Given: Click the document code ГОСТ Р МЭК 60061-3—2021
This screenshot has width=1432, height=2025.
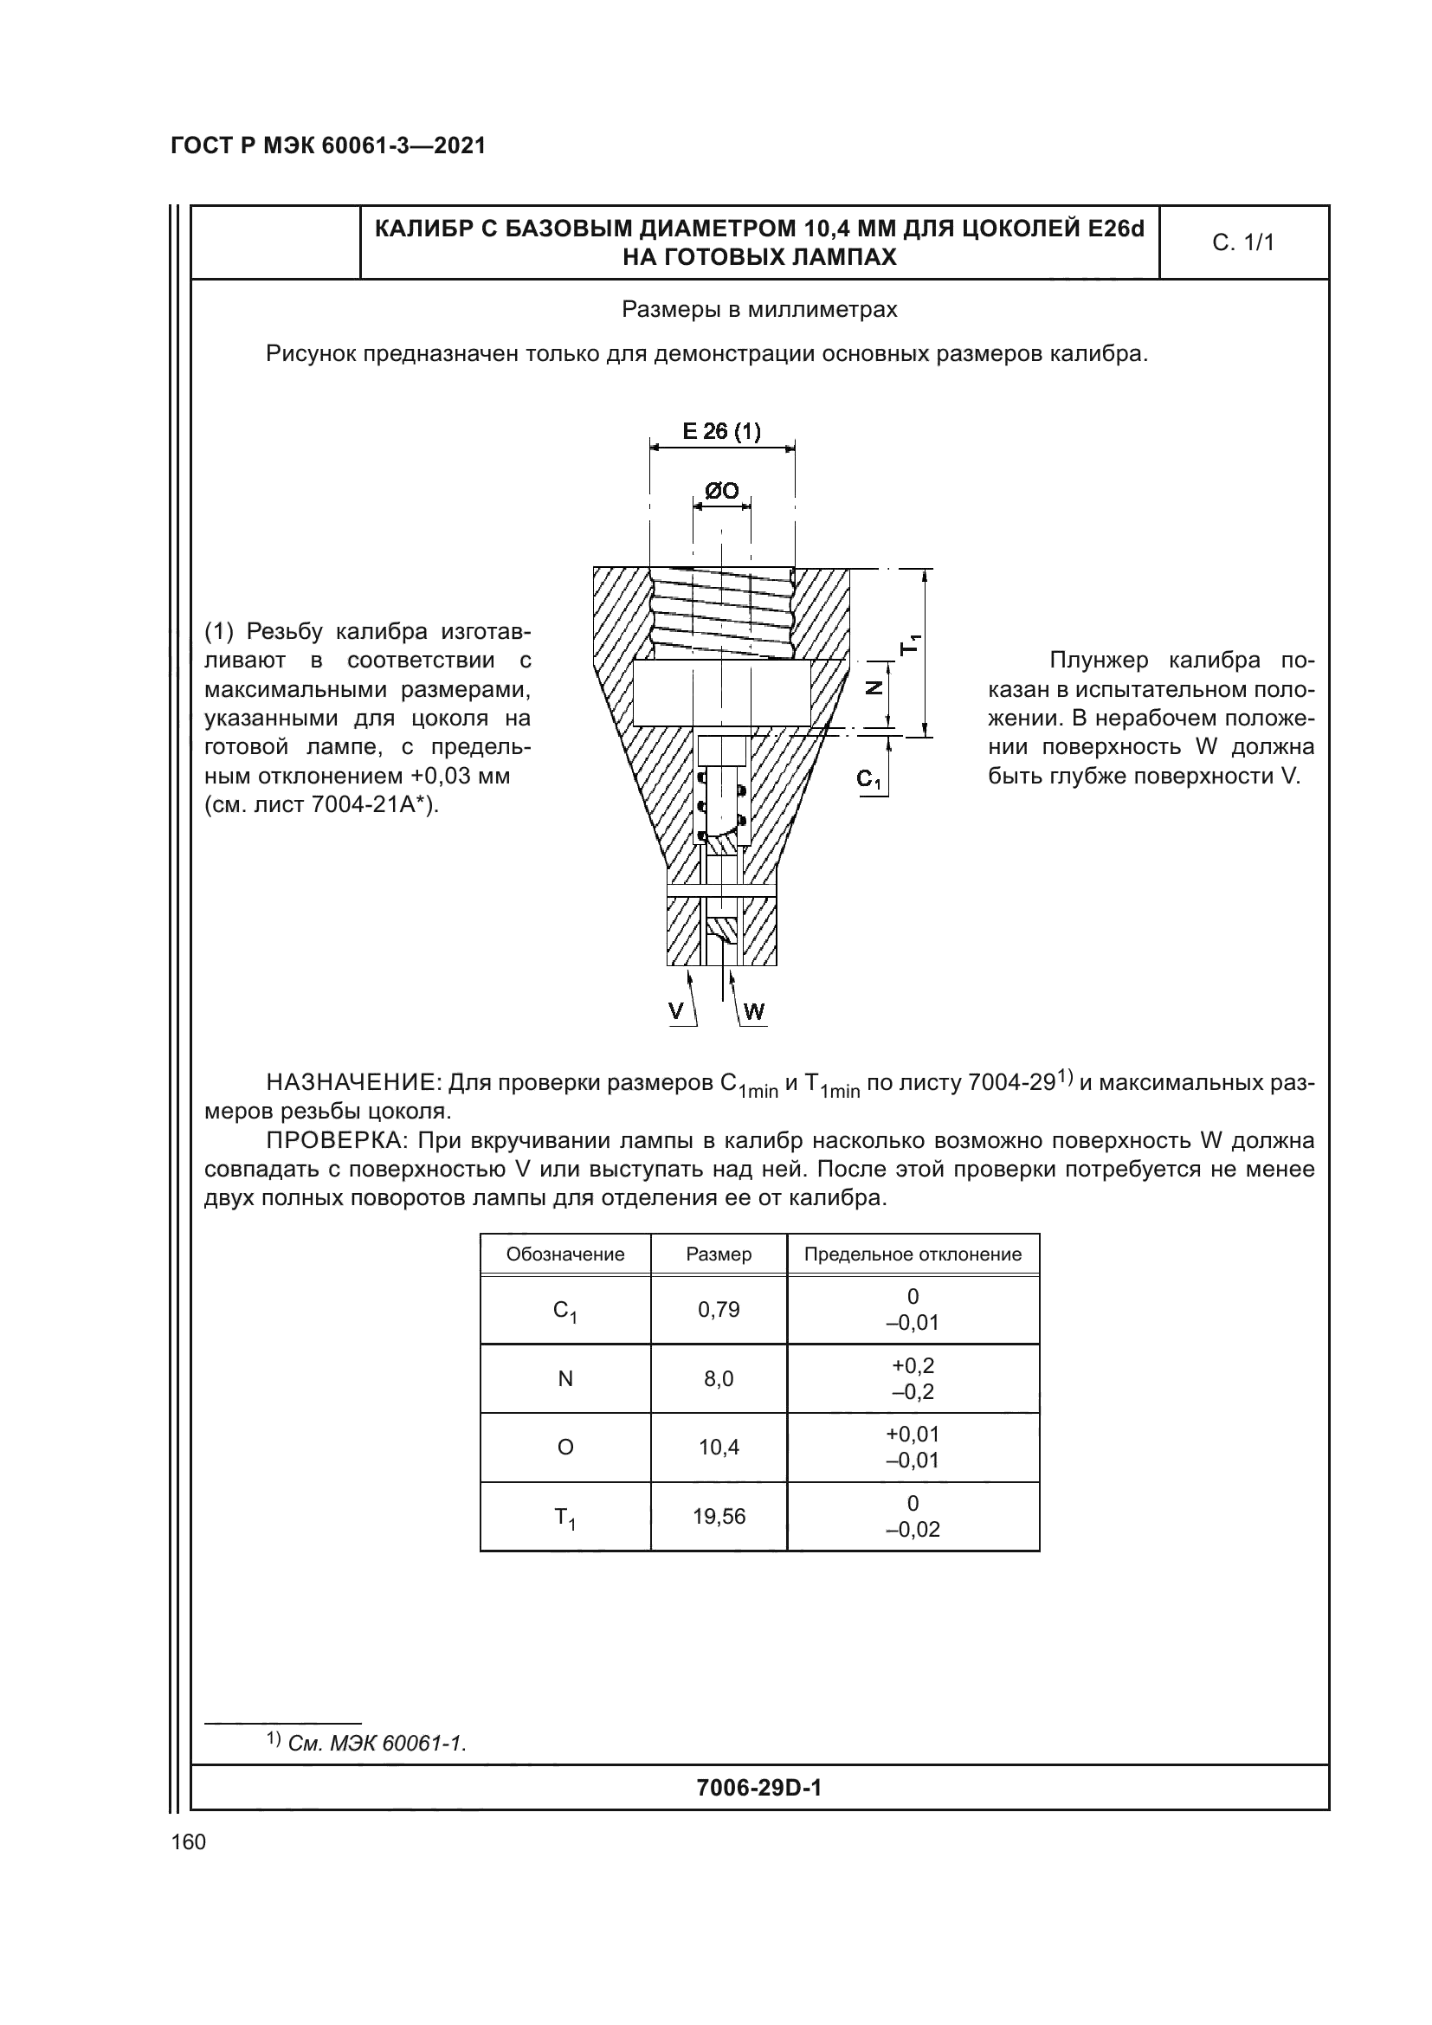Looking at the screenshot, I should tap(328, 146).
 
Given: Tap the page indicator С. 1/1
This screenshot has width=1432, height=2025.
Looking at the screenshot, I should tap(1243, 242).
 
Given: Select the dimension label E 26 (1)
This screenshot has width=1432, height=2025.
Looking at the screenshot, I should tap(721, 431).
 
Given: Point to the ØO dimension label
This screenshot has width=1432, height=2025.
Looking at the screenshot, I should tap(721, 491).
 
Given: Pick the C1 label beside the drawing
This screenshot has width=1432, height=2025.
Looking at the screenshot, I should tap(868, 780).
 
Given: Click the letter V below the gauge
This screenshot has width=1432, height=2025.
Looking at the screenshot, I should tap(676, 1011).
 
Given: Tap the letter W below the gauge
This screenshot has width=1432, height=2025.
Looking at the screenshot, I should tap(754, 1011).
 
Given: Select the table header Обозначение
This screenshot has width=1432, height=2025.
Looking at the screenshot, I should tap(565, 1254).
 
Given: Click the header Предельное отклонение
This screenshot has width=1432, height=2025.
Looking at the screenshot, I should tap(913, 1254).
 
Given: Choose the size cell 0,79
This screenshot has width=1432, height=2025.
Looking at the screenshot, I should tap(719, 1310).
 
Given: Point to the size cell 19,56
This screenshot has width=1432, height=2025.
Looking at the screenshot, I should tap(719, 1516).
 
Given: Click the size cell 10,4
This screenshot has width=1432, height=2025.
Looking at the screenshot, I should tap(719, 1448).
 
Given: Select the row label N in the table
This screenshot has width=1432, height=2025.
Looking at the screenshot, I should tap(565, 1378).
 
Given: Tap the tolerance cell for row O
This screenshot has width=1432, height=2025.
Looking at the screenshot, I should tap(913, 1448).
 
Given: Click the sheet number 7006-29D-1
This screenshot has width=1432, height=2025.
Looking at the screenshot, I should tap(758, 1788).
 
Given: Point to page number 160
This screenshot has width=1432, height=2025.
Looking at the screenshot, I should tap(189, 1841).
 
